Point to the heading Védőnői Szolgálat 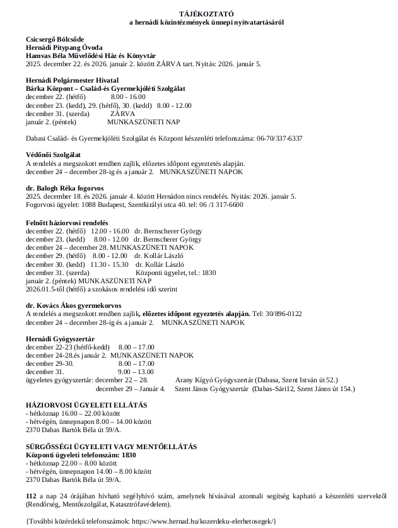click(53, 155)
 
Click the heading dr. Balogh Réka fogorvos click(65, 189)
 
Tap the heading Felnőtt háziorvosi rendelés click(67, 223)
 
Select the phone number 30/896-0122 click(283, 314)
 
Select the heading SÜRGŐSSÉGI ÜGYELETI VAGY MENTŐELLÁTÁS click(110, 447)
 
